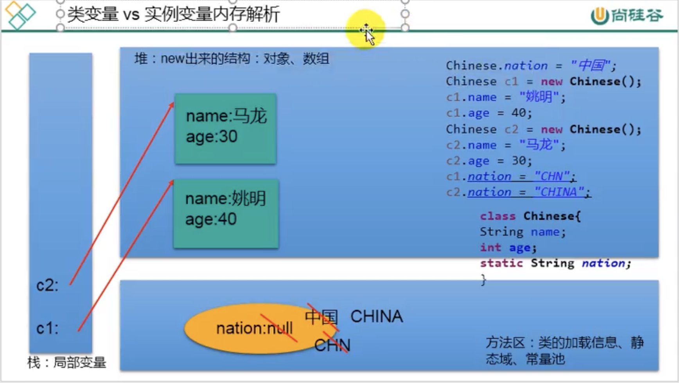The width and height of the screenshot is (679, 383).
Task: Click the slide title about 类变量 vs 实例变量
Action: [x=173, y=14]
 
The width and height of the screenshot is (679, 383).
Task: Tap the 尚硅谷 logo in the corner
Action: [x=627, y=16]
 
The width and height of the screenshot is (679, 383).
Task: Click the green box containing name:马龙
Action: [x=226, y=128]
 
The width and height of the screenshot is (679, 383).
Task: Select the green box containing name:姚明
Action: [x=226, y=213]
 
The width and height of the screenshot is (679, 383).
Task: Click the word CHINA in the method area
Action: [x=376, y=316]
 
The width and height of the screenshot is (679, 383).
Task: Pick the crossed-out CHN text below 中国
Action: [x=332, y=345]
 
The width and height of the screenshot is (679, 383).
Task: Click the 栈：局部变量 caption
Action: [x=67, y=363]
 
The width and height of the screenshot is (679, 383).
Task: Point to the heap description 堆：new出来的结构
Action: [x=232, y=59]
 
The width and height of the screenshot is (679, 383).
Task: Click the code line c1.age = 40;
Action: [x=489, y=113]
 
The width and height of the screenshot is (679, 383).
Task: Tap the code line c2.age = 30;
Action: [x=489, y=161]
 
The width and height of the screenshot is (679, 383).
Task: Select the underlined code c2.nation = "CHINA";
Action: [x=518, y=192]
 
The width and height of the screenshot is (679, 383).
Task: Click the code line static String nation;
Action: [x=555, y=263]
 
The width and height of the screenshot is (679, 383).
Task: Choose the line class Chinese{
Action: [x=530, y=216]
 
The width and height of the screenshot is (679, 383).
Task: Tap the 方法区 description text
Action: [x=564, y=350]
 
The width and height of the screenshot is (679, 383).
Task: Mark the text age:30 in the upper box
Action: [x=212, y=137]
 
